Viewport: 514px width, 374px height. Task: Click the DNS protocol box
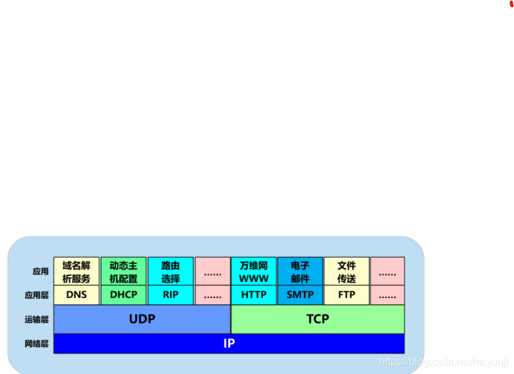(76, 295)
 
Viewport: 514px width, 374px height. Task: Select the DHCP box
(124, 295)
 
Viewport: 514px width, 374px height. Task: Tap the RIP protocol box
(171, 295)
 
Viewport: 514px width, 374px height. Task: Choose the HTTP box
(254, 295)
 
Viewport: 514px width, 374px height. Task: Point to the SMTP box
(300, 295)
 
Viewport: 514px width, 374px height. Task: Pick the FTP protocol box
(347, 295)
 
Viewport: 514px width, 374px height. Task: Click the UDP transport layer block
(142, 319)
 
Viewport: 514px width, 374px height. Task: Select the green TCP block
(318, 319)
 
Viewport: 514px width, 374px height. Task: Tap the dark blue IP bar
(229, 344)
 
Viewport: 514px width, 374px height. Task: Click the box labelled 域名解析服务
(76, 272)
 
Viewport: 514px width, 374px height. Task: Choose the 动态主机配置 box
(124, 272)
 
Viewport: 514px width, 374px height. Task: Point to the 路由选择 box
(171, 272)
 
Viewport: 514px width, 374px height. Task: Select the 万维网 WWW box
(254, 272)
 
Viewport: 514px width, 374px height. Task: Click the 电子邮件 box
(300, 272)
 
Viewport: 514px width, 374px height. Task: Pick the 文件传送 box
(347, 272)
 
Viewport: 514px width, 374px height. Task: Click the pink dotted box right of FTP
(387, 295)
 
